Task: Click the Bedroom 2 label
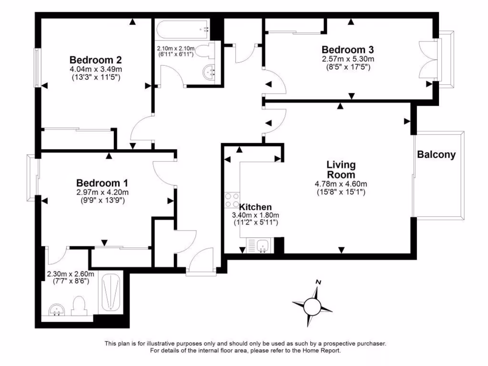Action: [x=95, y=60]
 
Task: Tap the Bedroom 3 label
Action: [x=347, y=50]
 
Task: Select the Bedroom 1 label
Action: [x=102, y=183]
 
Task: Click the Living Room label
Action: [x=341, y=170]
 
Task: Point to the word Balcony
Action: [x=436, y=154]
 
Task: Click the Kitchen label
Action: [x=255, y=207]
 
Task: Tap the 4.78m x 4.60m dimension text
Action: [x=341, y=184]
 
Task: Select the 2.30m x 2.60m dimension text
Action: [x=71, y=274]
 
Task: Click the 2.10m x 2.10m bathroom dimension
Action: [x=176, y=49]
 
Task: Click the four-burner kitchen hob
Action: [x=232, y=200]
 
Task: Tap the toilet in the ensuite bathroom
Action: [x=78, y=306]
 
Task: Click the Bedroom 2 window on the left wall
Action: [x=37, y=67]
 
